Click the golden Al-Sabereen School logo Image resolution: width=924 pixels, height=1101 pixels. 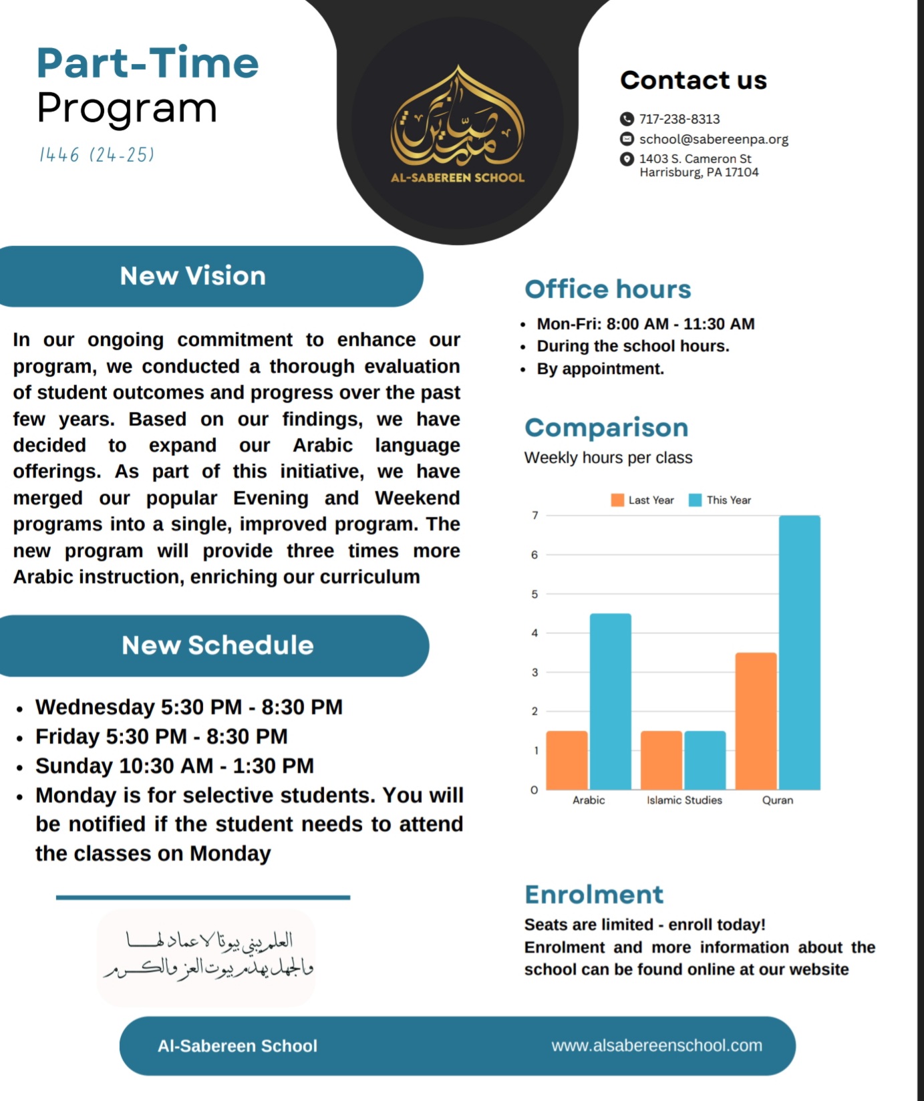click(458, 124)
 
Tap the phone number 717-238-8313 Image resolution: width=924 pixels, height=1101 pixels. click(679, 119)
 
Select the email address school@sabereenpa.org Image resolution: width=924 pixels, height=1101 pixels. click(714, 139)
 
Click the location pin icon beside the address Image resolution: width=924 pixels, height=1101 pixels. click(626, 159)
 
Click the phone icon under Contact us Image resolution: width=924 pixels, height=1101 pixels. click(626, 119)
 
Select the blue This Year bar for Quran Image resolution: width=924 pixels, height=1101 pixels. click(799, 652)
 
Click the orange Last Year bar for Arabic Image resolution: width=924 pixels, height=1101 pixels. click(567, 760)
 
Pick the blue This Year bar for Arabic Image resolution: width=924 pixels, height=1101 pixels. click(610, 701)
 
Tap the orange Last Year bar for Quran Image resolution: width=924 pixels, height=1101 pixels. click(756, 721)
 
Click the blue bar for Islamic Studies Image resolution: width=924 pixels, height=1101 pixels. click(705, 760)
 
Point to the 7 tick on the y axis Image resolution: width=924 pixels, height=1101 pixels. click(534, 515)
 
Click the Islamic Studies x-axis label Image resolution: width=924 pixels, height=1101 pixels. click(684, 800)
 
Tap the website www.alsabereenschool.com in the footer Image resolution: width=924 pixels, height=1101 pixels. click(656, 1046)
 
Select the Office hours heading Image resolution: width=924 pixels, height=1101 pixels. click(607, 289)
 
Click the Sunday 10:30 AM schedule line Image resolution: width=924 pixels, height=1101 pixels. click(174, 766)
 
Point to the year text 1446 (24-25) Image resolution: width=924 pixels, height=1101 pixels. click(97, 155)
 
